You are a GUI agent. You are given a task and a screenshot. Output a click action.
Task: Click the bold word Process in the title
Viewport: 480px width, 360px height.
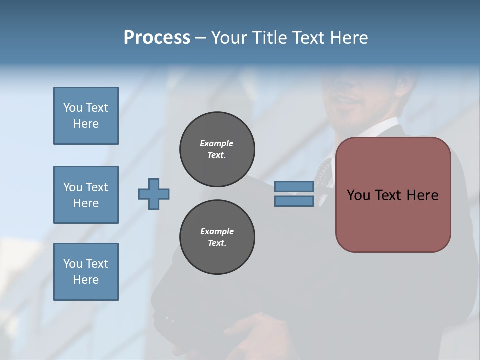[157, 38]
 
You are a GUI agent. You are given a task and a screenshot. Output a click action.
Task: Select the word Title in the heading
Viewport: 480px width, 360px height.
[270, 38]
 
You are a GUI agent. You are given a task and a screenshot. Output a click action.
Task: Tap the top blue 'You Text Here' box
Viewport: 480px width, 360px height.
[86, 116]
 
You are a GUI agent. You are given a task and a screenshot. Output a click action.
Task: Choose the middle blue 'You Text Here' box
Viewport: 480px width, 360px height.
[86, 195]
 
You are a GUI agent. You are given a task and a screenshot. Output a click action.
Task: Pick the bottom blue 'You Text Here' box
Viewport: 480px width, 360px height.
[86, 272]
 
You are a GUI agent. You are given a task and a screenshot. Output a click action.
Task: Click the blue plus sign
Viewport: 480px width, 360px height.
[154, 194]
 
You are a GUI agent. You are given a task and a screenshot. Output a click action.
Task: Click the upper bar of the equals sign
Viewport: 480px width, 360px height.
[294, 186]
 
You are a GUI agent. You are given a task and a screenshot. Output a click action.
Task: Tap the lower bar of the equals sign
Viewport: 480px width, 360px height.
[294, 201]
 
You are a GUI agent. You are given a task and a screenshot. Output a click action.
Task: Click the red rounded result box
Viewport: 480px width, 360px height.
[393, 220]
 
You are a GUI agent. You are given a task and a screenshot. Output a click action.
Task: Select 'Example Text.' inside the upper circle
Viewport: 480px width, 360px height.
[217, 149]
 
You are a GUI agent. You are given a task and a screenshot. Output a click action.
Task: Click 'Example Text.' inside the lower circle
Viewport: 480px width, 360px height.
[217, 237]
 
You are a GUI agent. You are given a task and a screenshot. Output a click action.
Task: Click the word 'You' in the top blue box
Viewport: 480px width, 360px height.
[72, 108]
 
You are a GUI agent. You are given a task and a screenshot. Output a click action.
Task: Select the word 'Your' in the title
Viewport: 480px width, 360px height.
[229, 38]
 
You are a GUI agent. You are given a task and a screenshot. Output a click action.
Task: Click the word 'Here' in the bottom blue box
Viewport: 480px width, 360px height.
[86, 280]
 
